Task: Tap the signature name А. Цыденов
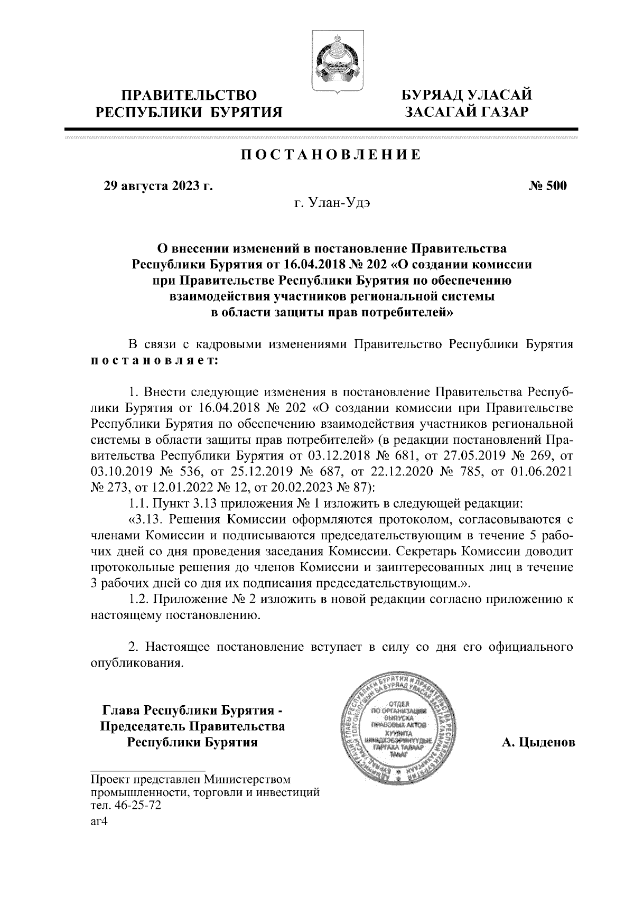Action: tap(538, 743)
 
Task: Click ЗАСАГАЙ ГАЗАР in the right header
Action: tap(465, 112)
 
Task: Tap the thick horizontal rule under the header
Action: tap(321, 129)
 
